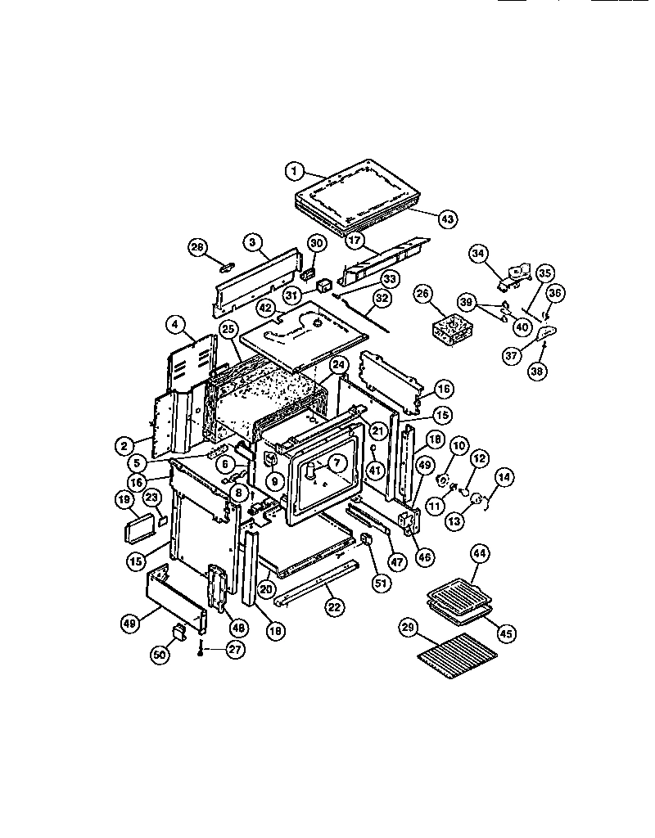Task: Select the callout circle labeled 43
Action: (x=448, y=219)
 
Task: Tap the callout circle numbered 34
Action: (x=478, y=254)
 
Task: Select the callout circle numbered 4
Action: (x=174, y=324)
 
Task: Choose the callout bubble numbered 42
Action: (x=265, y=307)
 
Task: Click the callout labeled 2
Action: (x=124, y=446)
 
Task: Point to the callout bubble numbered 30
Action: (x=317, y=242)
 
